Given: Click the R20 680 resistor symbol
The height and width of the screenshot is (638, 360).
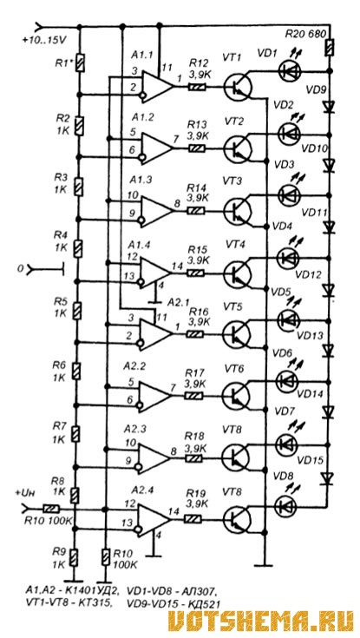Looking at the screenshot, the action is [x=329, y=47].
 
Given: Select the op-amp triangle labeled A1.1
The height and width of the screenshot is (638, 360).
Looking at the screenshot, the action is [x=157, y=86].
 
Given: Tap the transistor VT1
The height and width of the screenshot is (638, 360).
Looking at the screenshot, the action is [x=238, y=87].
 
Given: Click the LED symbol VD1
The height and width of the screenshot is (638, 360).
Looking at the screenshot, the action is [x=289, y=70].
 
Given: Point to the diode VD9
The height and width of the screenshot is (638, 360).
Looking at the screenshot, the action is [x=328, y=107].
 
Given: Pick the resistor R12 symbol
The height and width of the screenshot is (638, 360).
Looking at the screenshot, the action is [x=197, y=86].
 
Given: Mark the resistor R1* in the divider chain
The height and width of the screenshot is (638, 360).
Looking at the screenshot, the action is [x=81, y=63].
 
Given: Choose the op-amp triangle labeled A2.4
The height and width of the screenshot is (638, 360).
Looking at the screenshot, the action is [x=154, y=518].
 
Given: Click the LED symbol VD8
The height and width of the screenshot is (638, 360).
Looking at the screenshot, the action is [x=286, y=505].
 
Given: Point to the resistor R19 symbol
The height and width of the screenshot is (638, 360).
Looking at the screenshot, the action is [x=193, y=519].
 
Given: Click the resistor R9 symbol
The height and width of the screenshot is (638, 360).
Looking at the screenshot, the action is [x=74, y=557].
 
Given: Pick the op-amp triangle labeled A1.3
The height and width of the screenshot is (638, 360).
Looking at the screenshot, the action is [x=157, y=210].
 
